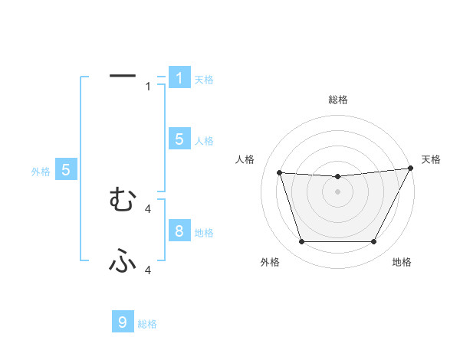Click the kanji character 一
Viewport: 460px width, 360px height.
[x=123, y=75]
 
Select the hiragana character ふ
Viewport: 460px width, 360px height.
[x=123, y=262]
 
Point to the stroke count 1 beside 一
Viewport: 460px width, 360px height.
[x=148, y=87]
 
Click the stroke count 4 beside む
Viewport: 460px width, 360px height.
[x=148, y=208]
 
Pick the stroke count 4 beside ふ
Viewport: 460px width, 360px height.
[x=148, y=270]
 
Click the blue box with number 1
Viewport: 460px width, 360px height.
[x=179, y=78]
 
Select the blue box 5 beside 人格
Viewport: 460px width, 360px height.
[x=179, y=139]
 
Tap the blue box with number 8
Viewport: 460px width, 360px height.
[x=179, y=231]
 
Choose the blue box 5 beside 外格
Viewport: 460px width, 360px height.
[x=66, y=170]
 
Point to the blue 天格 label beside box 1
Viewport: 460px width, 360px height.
[x=204, y=80]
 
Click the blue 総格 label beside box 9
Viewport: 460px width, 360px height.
[x=147, y=324]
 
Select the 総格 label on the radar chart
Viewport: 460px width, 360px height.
[x=337, y=100]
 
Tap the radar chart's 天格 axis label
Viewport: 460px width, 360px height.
[x=432, y=159]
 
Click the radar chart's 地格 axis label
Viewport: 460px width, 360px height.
[x=402, y=263]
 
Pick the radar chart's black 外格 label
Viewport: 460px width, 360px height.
[x=270, y=263]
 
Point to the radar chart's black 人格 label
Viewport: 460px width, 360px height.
[x=245, y=159]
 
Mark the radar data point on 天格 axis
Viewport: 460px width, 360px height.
[x=411, y=169]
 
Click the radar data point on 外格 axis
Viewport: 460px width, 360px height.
[x=301, y=242]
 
